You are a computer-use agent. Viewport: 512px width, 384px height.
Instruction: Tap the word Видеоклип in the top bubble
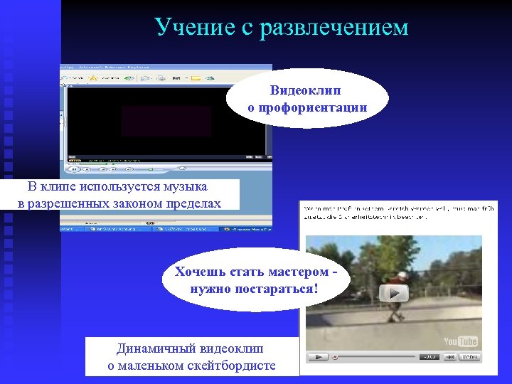coord(306,91)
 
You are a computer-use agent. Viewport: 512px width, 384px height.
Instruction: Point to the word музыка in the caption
coord(183,187)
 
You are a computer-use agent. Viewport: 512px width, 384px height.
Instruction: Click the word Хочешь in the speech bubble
coord(202,272)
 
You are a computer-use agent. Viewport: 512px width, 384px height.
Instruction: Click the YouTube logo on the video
coord(461,341)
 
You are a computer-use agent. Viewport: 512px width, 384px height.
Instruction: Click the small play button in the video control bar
coord(319,356)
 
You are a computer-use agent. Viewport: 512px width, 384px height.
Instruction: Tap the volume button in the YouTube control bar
coord(430,356)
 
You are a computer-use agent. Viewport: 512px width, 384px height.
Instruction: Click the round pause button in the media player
coord(73,169)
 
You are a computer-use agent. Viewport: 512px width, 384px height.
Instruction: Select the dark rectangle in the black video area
coord(166,121)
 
